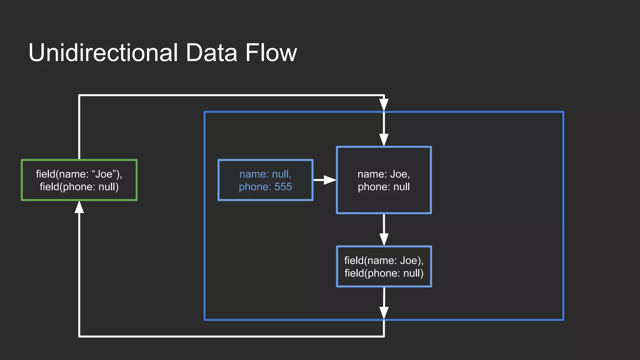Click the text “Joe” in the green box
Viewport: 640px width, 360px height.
(x=104, y=174)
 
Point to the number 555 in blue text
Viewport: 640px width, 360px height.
(x=283, y=187)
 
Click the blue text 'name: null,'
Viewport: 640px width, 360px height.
(x=265, y=174)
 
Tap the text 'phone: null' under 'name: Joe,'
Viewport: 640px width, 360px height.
(x=384, y=187)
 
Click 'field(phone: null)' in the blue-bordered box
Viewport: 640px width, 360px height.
(x=384, y=273)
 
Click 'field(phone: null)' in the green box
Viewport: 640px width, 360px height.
(x=79, y=187)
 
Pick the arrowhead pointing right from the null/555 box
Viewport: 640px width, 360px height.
(x=329, y=180)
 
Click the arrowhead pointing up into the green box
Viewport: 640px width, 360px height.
(x=79, y=207)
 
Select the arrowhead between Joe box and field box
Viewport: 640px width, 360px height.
(x=384, y=239)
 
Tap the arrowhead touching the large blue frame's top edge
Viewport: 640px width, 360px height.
(x=384, y=105)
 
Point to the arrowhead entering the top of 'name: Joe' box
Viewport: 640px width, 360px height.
(x=384, y=140)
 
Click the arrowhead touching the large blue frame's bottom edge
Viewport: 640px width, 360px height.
(x=384, y=313)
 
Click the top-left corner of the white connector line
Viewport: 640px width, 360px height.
(x=79, y=95)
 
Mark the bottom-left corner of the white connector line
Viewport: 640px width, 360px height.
(x=79, y=336)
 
